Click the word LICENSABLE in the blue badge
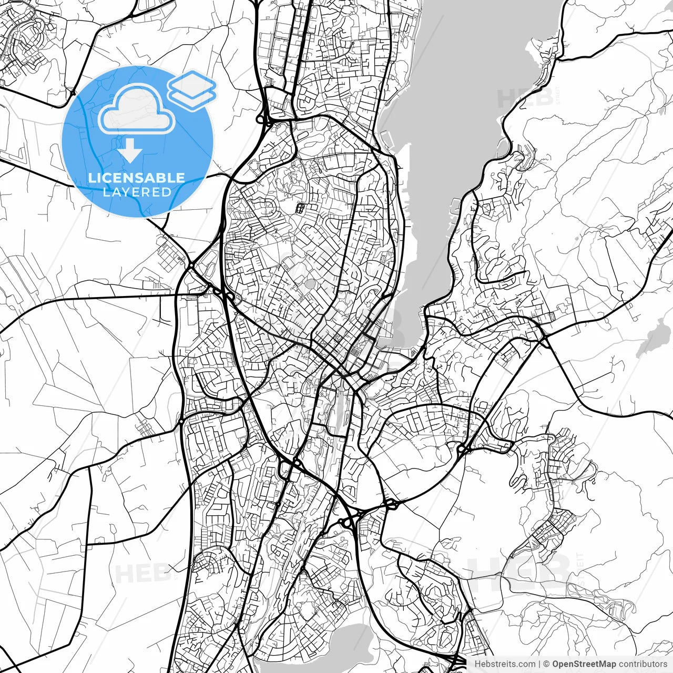(137, 178)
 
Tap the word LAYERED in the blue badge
(137, 192)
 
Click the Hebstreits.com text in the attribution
(505, 664)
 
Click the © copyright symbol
(547, 664)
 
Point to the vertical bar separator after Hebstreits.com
(540, 664)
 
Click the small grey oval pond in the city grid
(310, 284)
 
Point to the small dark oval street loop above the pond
(301, 208)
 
